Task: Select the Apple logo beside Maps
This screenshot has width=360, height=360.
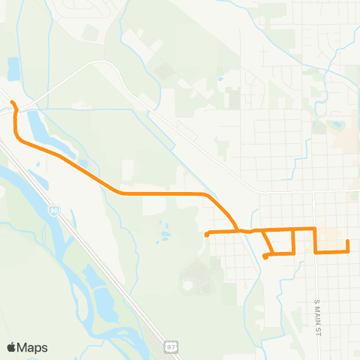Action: [x=11, y=347]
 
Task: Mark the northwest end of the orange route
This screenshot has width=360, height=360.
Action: [x=11, y=101]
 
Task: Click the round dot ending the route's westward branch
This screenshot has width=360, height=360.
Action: [x=206, y=234]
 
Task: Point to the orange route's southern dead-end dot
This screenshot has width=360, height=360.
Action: [x=265, y=257]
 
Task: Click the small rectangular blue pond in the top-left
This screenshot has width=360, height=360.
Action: [x=13, y=69]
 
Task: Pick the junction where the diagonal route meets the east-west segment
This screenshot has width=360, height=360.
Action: [x=238, y=229]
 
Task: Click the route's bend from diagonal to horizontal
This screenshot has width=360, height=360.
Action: [x=120, y=193]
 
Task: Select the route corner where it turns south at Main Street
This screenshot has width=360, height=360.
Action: [x=316, y=228]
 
